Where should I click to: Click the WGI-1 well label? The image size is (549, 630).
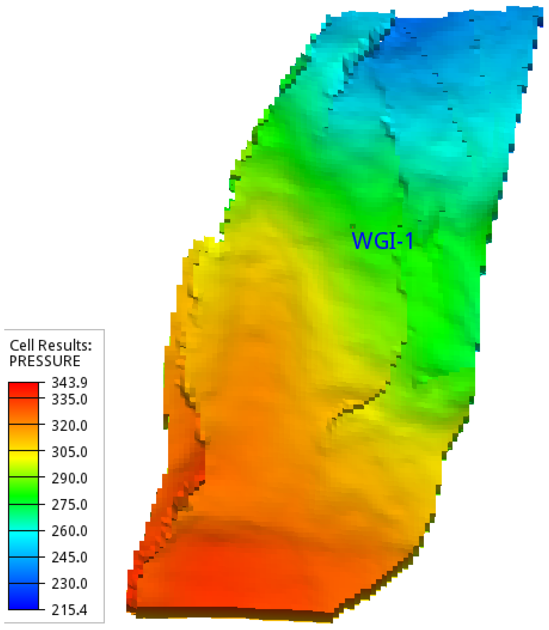[x=382, y=241]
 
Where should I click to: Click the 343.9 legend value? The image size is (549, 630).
[x=70, y=383]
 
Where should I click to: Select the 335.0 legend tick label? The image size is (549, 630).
[x=70, y=399]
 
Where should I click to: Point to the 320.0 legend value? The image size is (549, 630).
[x=70, y=426]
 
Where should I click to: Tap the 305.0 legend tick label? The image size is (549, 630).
[x=70, y=452]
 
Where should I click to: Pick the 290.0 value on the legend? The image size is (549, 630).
[x=70, y=479]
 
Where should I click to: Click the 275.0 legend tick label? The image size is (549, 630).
[x=70, y=505]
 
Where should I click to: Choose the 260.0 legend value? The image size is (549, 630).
[x=70, y=531]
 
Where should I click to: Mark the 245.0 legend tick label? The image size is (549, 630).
[x=70, y=558]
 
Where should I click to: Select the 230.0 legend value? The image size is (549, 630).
[x=70, y=584]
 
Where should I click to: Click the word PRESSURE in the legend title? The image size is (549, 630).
[x=45, y=361]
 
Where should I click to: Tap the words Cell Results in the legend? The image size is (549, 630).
[x=50, y=346]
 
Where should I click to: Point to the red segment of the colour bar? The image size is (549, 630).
[x=23, y=390]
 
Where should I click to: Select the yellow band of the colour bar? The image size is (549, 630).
[x=23, y=457]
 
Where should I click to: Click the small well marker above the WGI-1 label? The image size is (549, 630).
[x=353, y=226]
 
